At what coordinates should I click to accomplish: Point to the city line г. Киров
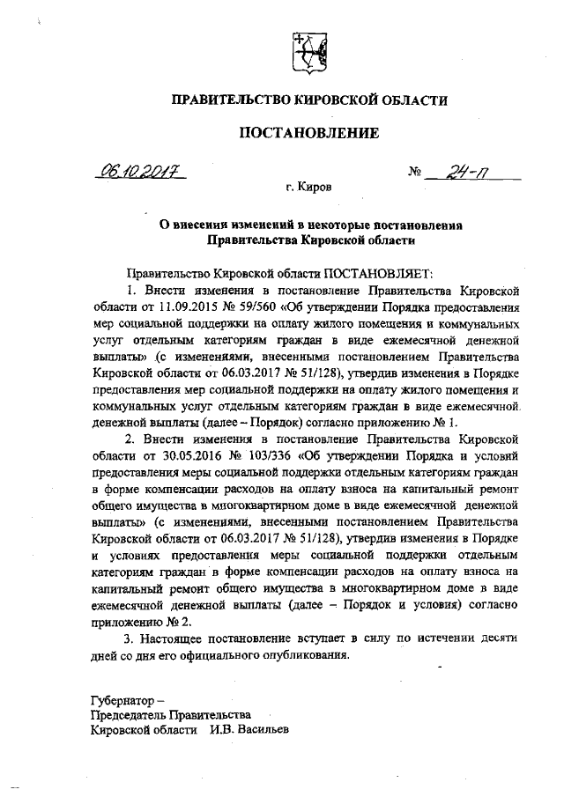tap(309, 188)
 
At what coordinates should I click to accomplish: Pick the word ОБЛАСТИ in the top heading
tap(412, 101)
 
